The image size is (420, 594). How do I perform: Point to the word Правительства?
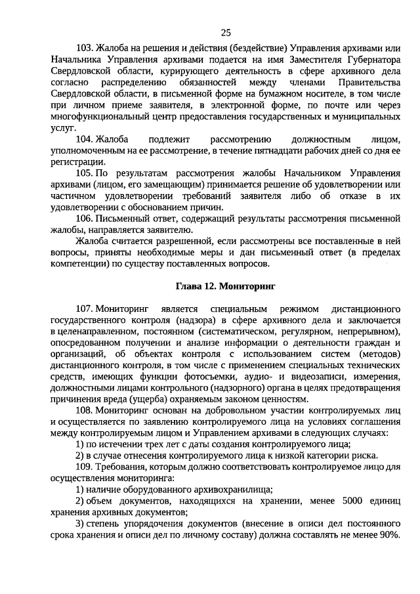click(367, 84)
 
